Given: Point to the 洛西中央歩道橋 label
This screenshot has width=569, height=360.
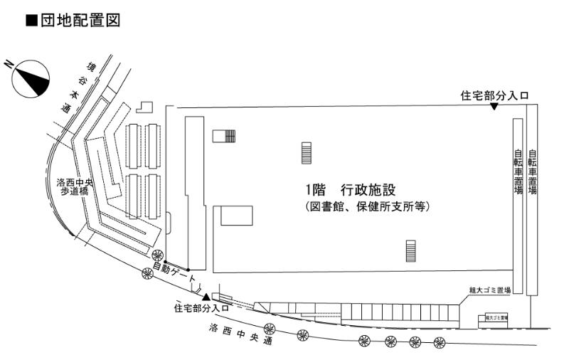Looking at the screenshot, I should click(x=76, y=187).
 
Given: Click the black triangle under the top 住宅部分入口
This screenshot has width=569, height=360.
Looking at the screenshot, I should click(x=494, y=106).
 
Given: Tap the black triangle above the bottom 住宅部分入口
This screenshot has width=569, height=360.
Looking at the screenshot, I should click(x=207, y=297).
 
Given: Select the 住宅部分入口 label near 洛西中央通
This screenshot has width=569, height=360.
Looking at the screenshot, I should click(x=202, y=308).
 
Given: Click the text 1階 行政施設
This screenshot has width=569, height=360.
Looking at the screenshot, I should click(x=349, y=190).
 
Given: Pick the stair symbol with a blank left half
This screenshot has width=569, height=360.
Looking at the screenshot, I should click(x=225, y=135).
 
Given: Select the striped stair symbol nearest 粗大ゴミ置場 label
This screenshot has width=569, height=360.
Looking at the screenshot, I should click(x=410, y=251).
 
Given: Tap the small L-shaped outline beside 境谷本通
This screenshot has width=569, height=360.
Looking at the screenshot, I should click(x=145, y=107).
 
